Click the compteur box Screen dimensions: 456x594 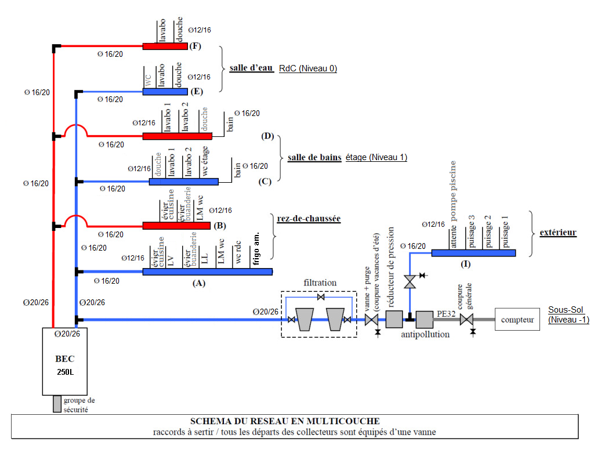pyautogui.click(x=517, y=319)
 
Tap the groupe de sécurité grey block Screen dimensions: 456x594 pyautogui.click(x=57, y=404)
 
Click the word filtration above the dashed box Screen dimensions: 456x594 pyautogui.click(x=320, y=283)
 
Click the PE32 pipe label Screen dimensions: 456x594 pyautogui.click(x=445, y=312)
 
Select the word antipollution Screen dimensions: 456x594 pyautogui.click(x=425, y=334)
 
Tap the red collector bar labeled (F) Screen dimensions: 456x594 pyautogui.click(x=165, y=46)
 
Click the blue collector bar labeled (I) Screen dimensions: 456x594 pyautogui.click(x=473, y=252)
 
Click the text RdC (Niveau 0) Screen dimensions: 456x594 pyautogui.click(x=308, y=68)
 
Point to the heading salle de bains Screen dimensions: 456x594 pyautogui.click(x=314, y=157)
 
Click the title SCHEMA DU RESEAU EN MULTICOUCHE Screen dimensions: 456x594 pyautogui.click(x=285, y=421)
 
